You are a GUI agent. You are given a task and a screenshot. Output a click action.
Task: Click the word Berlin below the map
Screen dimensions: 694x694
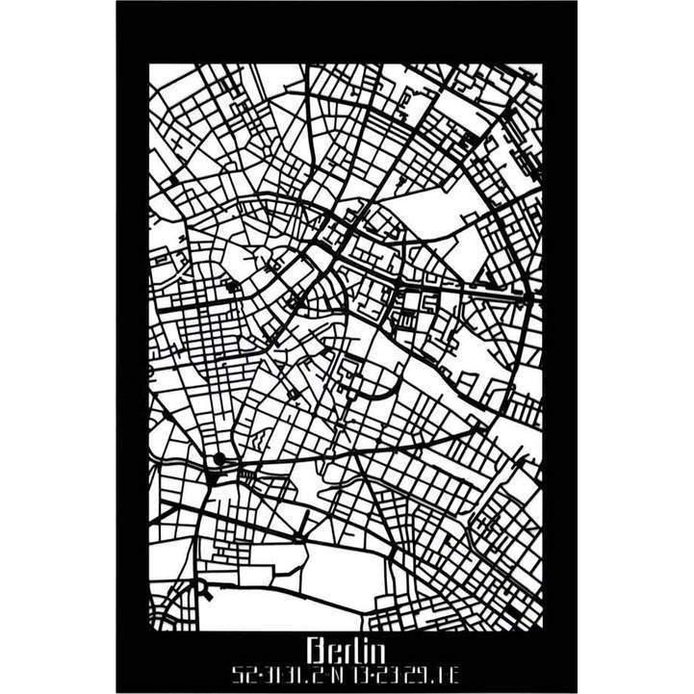pos(347,651)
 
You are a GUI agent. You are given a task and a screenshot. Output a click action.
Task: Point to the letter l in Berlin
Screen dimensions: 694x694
pos(352,651)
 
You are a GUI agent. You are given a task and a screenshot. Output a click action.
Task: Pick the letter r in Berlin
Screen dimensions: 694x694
pos(343,652)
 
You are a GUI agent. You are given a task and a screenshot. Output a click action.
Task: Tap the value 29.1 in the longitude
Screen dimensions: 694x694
pos(429,672)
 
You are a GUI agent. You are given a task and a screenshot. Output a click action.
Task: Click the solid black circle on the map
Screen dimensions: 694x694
pos(219,459)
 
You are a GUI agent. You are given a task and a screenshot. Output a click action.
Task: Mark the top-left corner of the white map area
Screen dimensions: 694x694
pos(150,64)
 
